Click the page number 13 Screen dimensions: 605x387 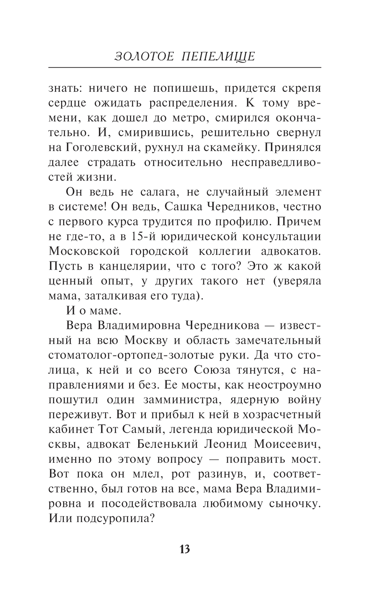(x=185, y=549)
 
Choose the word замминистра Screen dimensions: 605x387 (x=170, y=399)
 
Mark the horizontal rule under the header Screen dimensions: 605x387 (x=185, y=67)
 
